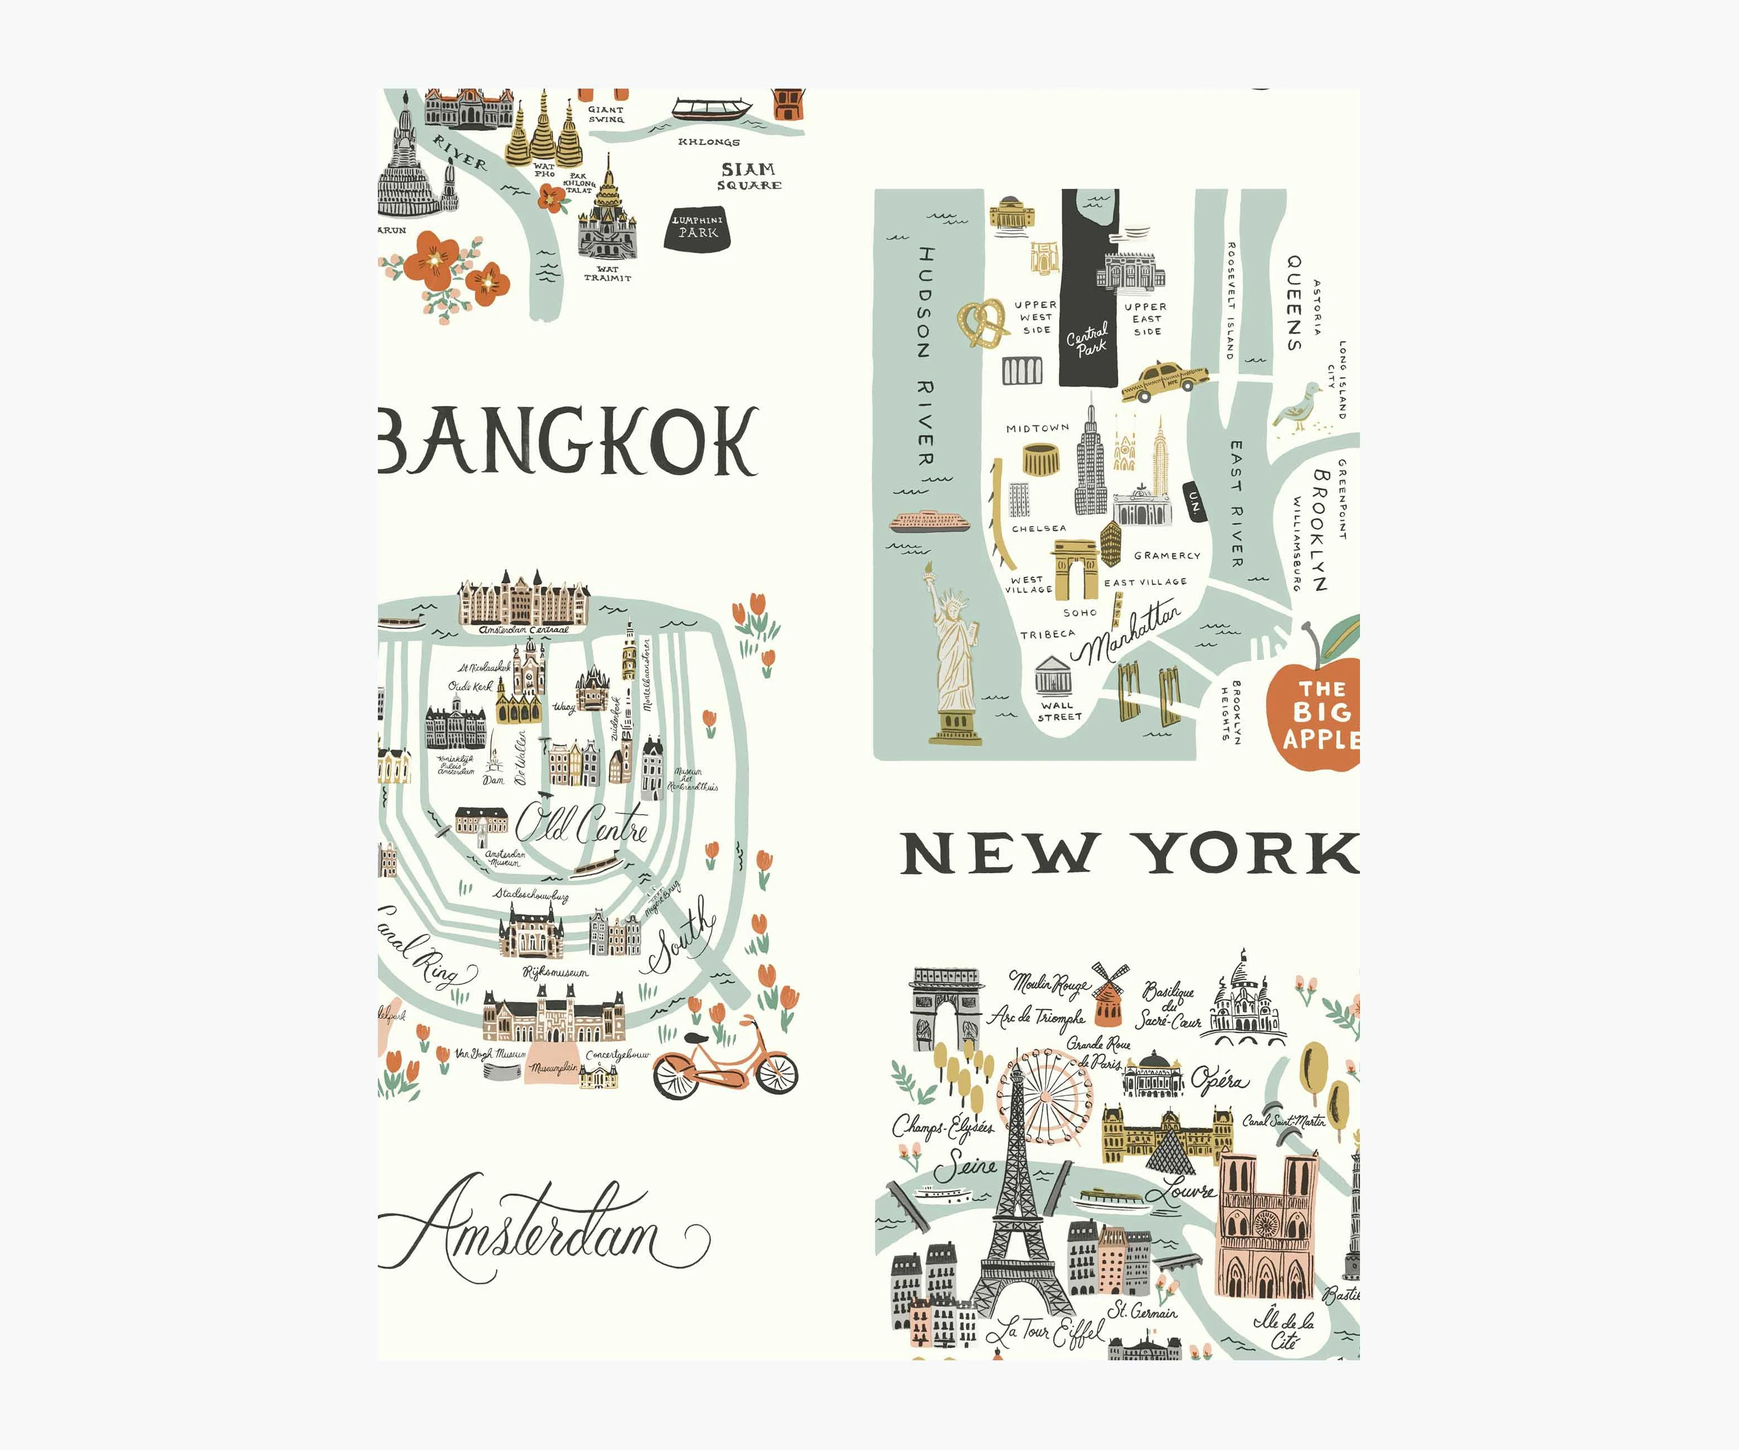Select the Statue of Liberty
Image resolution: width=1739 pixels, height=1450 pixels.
[955, 654]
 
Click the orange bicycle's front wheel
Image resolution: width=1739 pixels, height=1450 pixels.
[775, 1073]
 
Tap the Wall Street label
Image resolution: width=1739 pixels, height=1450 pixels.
[1059, 711]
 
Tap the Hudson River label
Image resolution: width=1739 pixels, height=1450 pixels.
[926, 356]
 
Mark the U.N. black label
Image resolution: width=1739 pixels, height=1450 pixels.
[1194, 501]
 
